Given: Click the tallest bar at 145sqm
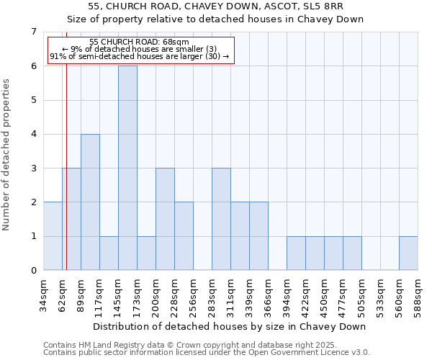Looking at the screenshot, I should (127, 168).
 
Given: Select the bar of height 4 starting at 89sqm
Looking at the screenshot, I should (90, 202).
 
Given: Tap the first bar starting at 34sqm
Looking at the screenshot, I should (53, 236).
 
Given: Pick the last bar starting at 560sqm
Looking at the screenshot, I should (408, 253).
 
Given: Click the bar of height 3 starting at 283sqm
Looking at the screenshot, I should (221, 219).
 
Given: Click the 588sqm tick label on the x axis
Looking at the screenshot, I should (418, 296).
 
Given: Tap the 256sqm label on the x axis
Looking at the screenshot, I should (194, 296).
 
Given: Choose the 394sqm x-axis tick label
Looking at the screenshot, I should (287, 296).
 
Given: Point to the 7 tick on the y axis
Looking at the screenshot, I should (33, 32).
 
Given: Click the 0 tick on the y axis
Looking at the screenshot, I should (33, 271).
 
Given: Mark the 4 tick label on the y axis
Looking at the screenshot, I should (33, 134).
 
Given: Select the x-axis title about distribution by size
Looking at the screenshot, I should (230, 326).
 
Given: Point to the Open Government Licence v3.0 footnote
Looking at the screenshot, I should (207, 352).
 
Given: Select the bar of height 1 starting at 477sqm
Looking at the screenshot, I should (352, 253).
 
